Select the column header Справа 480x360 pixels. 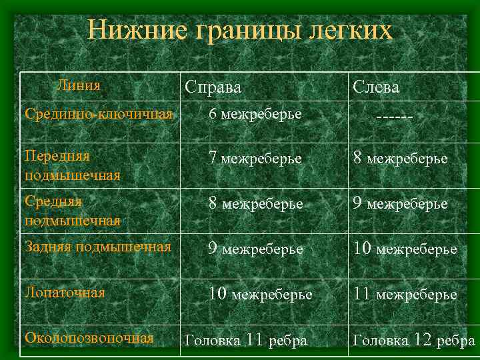coord(213,87)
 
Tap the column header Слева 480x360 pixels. coord(376,87)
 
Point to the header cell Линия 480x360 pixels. coord(79,85)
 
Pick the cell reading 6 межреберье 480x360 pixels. coord(255,114)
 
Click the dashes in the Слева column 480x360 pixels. coord(394,117)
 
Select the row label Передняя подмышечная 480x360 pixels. coord(72,165)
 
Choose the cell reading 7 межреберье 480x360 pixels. coord(255,159)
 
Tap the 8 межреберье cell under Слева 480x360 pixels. coord(400,159)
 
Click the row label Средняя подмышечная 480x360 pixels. coord(72,210)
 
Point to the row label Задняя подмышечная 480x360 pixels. coord(97,247)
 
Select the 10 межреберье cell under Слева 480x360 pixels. coord(405,249)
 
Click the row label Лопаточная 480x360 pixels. coord(65,292)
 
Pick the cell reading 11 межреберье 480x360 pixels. coord(405,293)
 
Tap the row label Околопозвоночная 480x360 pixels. coord(89,338)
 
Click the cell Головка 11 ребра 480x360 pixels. coord(245,340)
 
